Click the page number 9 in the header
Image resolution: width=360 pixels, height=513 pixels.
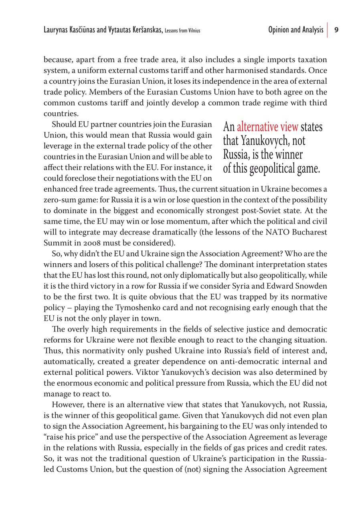click(x=337, y=30)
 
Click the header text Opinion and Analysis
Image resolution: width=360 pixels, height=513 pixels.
click(x=296, y=30)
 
